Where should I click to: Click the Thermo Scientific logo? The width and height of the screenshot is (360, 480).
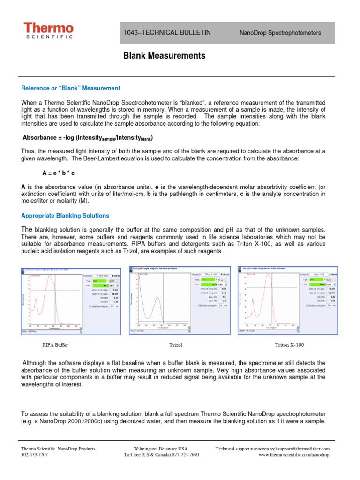click(x=49, y=31)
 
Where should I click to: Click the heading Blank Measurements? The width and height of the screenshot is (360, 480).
click(x=164, y=56)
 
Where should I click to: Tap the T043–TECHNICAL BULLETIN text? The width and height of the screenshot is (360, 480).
click(x=167, y=32)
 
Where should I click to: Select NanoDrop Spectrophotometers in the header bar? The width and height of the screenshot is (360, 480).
click(x=280, y=33)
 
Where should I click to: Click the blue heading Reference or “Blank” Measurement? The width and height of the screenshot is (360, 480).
click(x=70, y=88)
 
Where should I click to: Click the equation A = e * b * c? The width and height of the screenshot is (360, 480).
click(x=61, y=172)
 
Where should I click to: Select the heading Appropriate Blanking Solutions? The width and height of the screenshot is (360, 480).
click(x=65, y=216)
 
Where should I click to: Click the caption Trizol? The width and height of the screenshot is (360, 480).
click(x=175, y=345)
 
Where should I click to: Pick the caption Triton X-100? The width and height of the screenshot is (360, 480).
click(x=289, y=345)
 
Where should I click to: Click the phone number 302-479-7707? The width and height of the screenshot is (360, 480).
click(x=35, y=455)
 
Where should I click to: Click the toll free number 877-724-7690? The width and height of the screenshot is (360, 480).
click(x=183, y=455)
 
